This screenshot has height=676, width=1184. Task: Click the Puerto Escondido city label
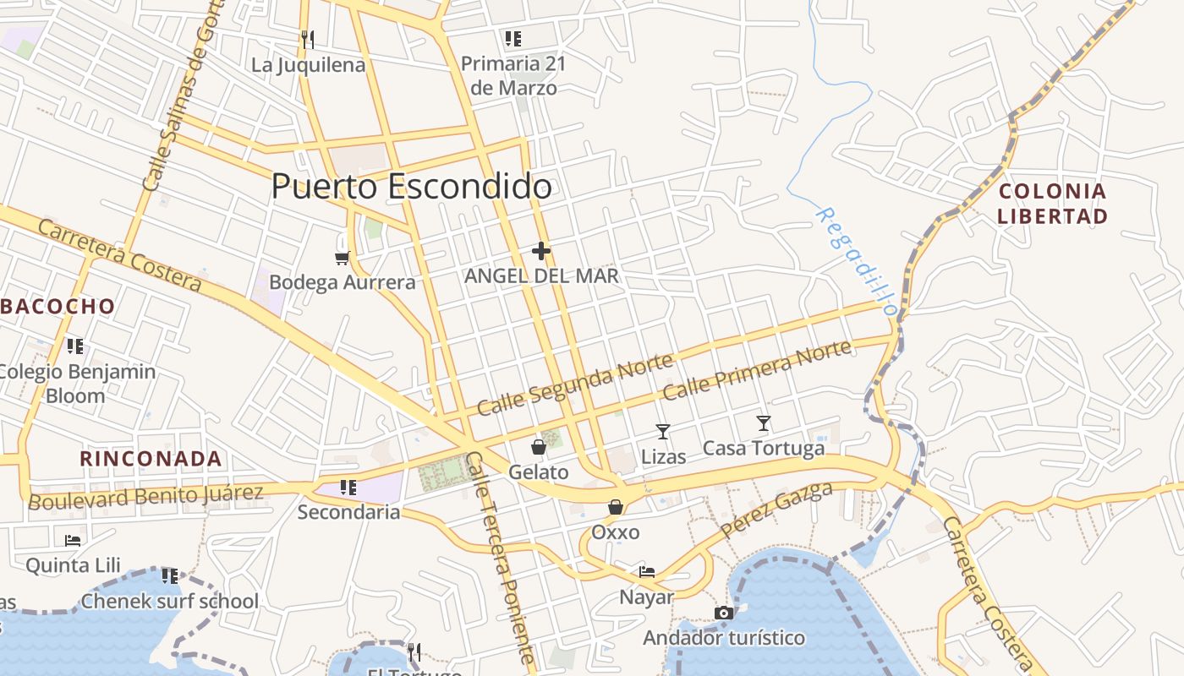pyautogui.click(x=411, y=186)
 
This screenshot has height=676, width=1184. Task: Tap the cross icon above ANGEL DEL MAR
pyautogui.click(x=541, y=251)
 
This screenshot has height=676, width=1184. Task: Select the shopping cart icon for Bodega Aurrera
pyautogui.click(x=342, y=258)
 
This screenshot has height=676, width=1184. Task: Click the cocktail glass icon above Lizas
pyautogui.click(x=663, y=432)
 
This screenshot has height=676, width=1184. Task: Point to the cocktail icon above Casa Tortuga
pyautogui.click(x=764, y=423)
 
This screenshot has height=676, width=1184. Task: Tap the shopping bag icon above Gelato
pyautogui.click(x=539, y=447)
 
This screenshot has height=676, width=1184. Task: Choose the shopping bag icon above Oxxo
pyautogui.click(x=616, y=507)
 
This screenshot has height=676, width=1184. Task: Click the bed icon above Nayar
pyautogui.click(x=647, y=572)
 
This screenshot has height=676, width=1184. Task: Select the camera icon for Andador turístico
pyautogui.click(x=723, y=613)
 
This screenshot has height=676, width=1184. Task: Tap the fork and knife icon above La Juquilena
pyautogui.click(x=308, y=39)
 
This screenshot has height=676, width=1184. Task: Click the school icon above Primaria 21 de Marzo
pyautogui.click(x=513, y=38)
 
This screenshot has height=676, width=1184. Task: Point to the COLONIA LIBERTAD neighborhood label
pyautogui.click(x=1052, y=204)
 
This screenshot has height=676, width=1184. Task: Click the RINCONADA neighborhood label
pyautogui.click(x=151, y=459)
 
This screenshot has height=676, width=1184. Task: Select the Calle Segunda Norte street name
pyautogui.click(x=575, y=384)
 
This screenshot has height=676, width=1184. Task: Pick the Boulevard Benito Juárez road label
pyautogui.click(x=145, y=496)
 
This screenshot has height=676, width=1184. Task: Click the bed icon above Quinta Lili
pyautogui.click(x=73, y=540)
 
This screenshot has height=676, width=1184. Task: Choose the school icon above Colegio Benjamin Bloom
pyautogui.click(x=75, y=346)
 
